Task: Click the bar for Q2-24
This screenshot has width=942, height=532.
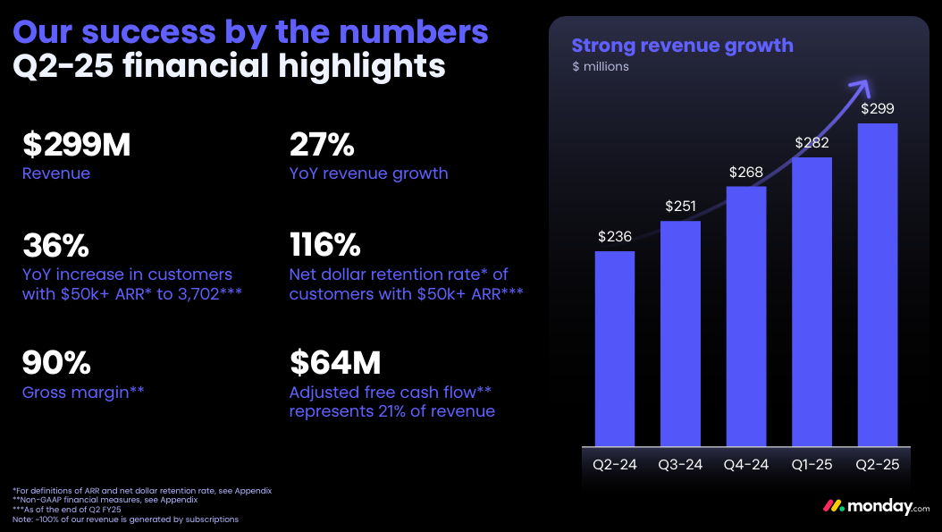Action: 615,348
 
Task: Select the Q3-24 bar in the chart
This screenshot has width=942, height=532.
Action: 680,333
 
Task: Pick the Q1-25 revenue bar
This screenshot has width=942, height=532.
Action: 812,301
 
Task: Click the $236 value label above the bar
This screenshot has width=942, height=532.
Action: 615,237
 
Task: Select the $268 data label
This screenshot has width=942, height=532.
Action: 746,173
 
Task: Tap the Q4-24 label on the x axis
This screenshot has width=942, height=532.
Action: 746,464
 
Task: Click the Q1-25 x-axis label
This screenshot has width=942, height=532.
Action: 812,464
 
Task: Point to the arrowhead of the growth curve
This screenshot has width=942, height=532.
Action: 861,86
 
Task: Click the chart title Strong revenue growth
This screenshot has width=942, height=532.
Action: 682,46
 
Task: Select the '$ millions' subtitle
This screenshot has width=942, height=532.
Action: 601,66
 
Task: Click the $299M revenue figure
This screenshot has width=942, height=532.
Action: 77,145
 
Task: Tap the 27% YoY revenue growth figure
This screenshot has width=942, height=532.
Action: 323,145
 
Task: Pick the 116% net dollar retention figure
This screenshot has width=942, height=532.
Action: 325,244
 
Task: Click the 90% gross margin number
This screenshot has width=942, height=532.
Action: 56,362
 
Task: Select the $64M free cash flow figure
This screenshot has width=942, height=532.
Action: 335,362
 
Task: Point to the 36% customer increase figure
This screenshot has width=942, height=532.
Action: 56,244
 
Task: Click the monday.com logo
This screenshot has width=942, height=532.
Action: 877,506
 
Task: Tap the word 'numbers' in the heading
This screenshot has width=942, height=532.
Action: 417,31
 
